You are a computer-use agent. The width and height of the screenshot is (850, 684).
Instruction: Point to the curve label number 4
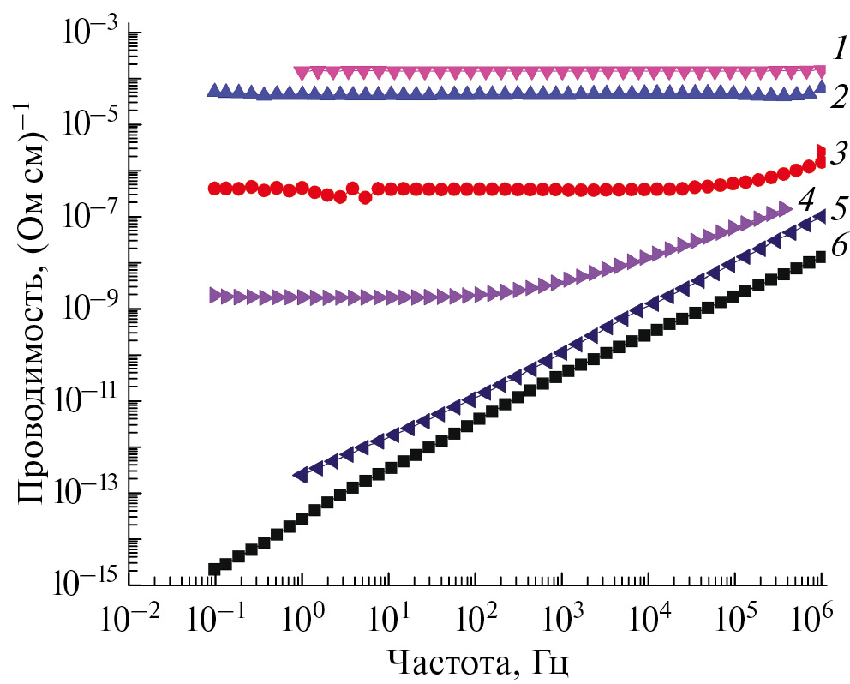[805, 201]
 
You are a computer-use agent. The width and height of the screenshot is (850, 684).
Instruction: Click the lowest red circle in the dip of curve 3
[365, 198]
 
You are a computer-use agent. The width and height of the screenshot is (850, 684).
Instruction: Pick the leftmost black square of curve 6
[214, 569]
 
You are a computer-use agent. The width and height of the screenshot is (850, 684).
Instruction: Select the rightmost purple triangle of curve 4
[784, 209]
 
